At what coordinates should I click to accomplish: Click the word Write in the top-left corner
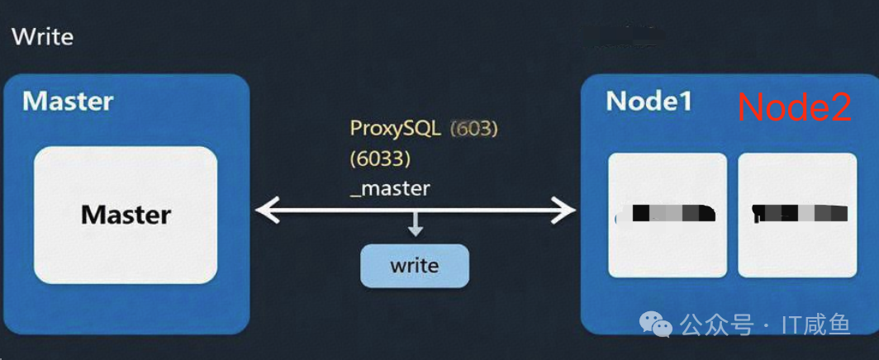(42, 37)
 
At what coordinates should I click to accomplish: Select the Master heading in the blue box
(68, 102)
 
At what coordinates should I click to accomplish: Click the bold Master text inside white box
(126, 216)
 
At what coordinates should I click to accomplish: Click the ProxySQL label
(395, 129)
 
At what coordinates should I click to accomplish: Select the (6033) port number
(379, 158)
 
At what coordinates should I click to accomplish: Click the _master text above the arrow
(390, 188)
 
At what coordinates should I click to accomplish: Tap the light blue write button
(414, 266)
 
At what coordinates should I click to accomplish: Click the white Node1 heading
(649, 102)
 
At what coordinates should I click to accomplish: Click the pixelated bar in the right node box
(801, 214)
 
